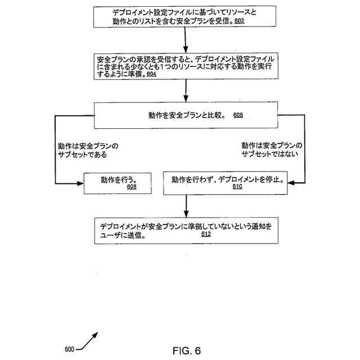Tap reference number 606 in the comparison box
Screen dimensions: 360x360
[238, 115]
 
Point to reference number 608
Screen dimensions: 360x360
[132, 187]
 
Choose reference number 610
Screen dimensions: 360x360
[237, 187]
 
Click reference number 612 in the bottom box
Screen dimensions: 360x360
[206, 235]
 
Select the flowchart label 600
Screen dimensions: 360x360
[70, 349]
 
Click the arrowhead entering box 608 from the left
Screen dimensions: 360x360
[79, 182]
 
